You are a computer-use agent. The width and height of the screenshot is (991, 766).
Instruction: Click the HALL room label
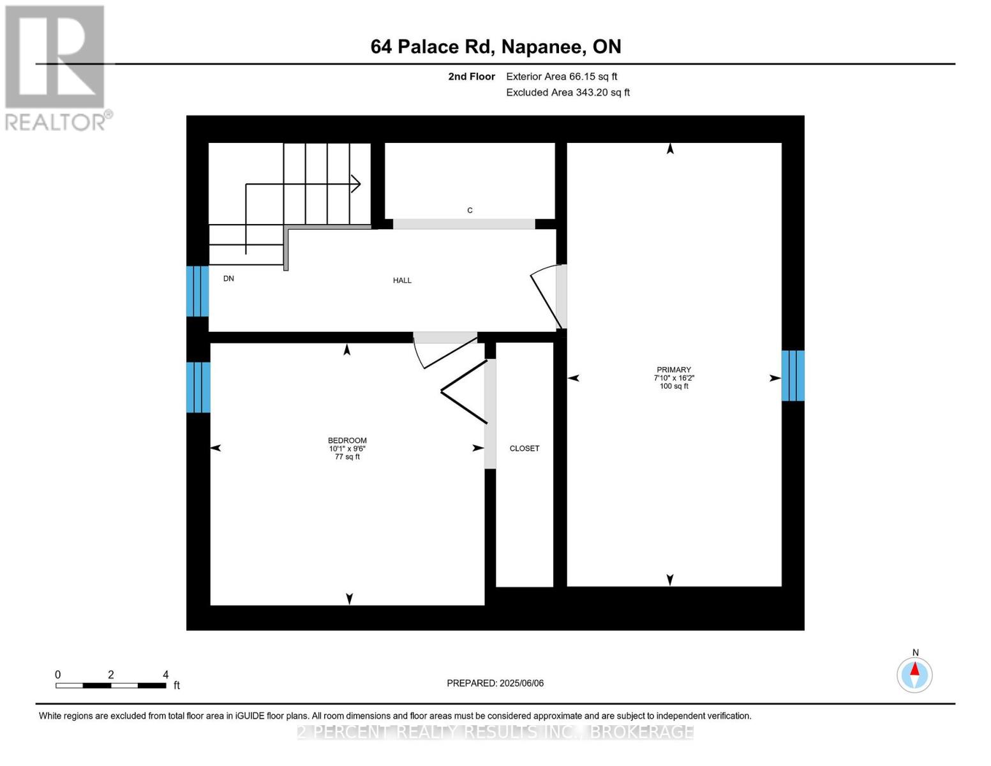click(x=402, y=280)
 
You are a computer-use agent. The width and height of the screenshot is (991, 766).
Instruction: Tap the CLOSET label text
click(x=524, y=449)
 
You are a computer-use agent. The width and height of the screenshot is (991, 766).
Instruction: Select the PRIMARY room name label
click(x=674, y=370)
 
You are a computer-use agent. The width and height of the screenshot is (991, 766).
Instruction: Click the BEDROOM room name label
click(x=347, y=440)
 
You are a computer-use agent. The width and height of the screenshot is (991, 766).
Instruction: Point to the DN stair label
click(x=228, y=278)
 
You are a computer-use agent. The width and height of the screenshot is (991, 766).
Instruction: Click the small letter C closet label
click(x=470, y=211)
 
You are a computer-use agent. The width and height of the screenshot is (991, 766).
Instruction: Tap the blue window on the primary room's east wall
click(x=793, y=375)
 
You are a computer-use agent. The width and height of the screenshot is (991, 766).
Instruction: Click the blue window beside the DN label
click(x=197, y=291)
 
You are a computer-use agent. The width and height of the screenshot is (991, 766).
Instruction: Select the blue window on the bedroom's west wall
click(x=198, y=387)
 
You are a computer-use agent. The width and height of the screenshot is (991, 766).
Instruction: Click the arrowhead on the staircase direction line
click(x=357, y=184)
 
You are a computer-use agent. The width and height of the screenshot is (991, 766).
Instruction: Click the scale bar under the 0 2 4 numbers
click(x=111, y=686)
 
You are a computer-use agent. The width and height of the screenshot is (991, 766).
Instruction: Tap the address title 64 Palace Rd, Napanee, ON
click(x=496, y=47)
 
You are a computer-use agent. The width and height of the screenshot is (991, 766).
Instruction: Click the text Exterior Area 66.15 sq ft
click(x=562, y=77)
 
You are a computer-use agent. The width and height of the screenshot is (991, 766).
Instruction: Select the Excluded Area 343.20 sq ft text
click(x=568, y=93)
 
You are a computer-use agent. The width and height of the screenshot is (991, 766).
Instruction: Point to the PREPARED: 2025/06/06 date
click(x=495, y=683)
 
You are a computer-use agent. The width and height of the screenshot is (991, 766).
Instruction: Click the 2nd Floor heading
click(x=472, y=77)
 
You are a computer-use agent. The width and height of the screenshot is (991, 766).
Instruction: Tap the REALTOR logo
click(x=56, y=67)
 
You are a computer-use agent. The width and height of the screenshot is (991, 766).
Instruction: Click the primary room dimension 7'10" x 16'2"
click(x=674, y=378)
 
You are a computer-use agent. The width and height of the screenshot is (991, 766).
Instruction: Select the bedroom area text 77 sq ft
click(x=347, y=457)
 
